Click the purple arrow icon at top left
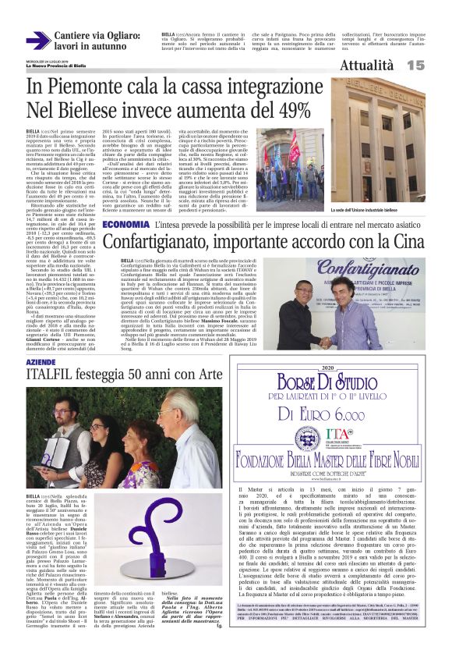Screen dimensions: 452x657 (x=37, y=41)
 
